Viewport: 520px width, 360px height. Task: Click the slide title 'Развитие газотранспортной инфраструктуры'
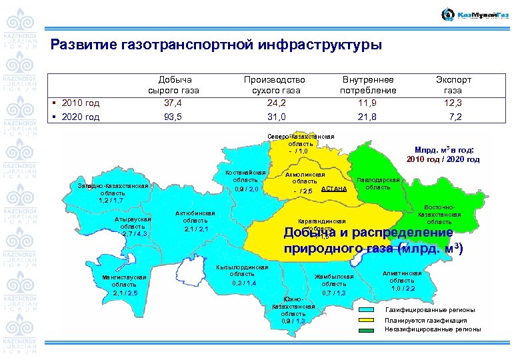pyautogui.click(x=217, y=45)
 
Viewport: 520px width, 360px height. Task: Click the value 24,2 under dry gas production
pyautogui.click(x=274, y=103)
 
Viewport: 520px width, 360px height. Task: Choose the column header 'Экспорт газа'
pyautogui.click(x=453, y=85)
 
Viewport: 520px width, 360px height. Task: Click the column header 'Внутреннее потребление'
pyautogui.click(x=368, y=85)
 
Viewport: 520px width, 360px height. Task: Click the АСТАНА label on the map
pyautogui.click(x=334, y=189)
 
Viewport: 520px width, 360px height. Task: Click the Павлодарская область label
pyautogui.click(x=378, y=183)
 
